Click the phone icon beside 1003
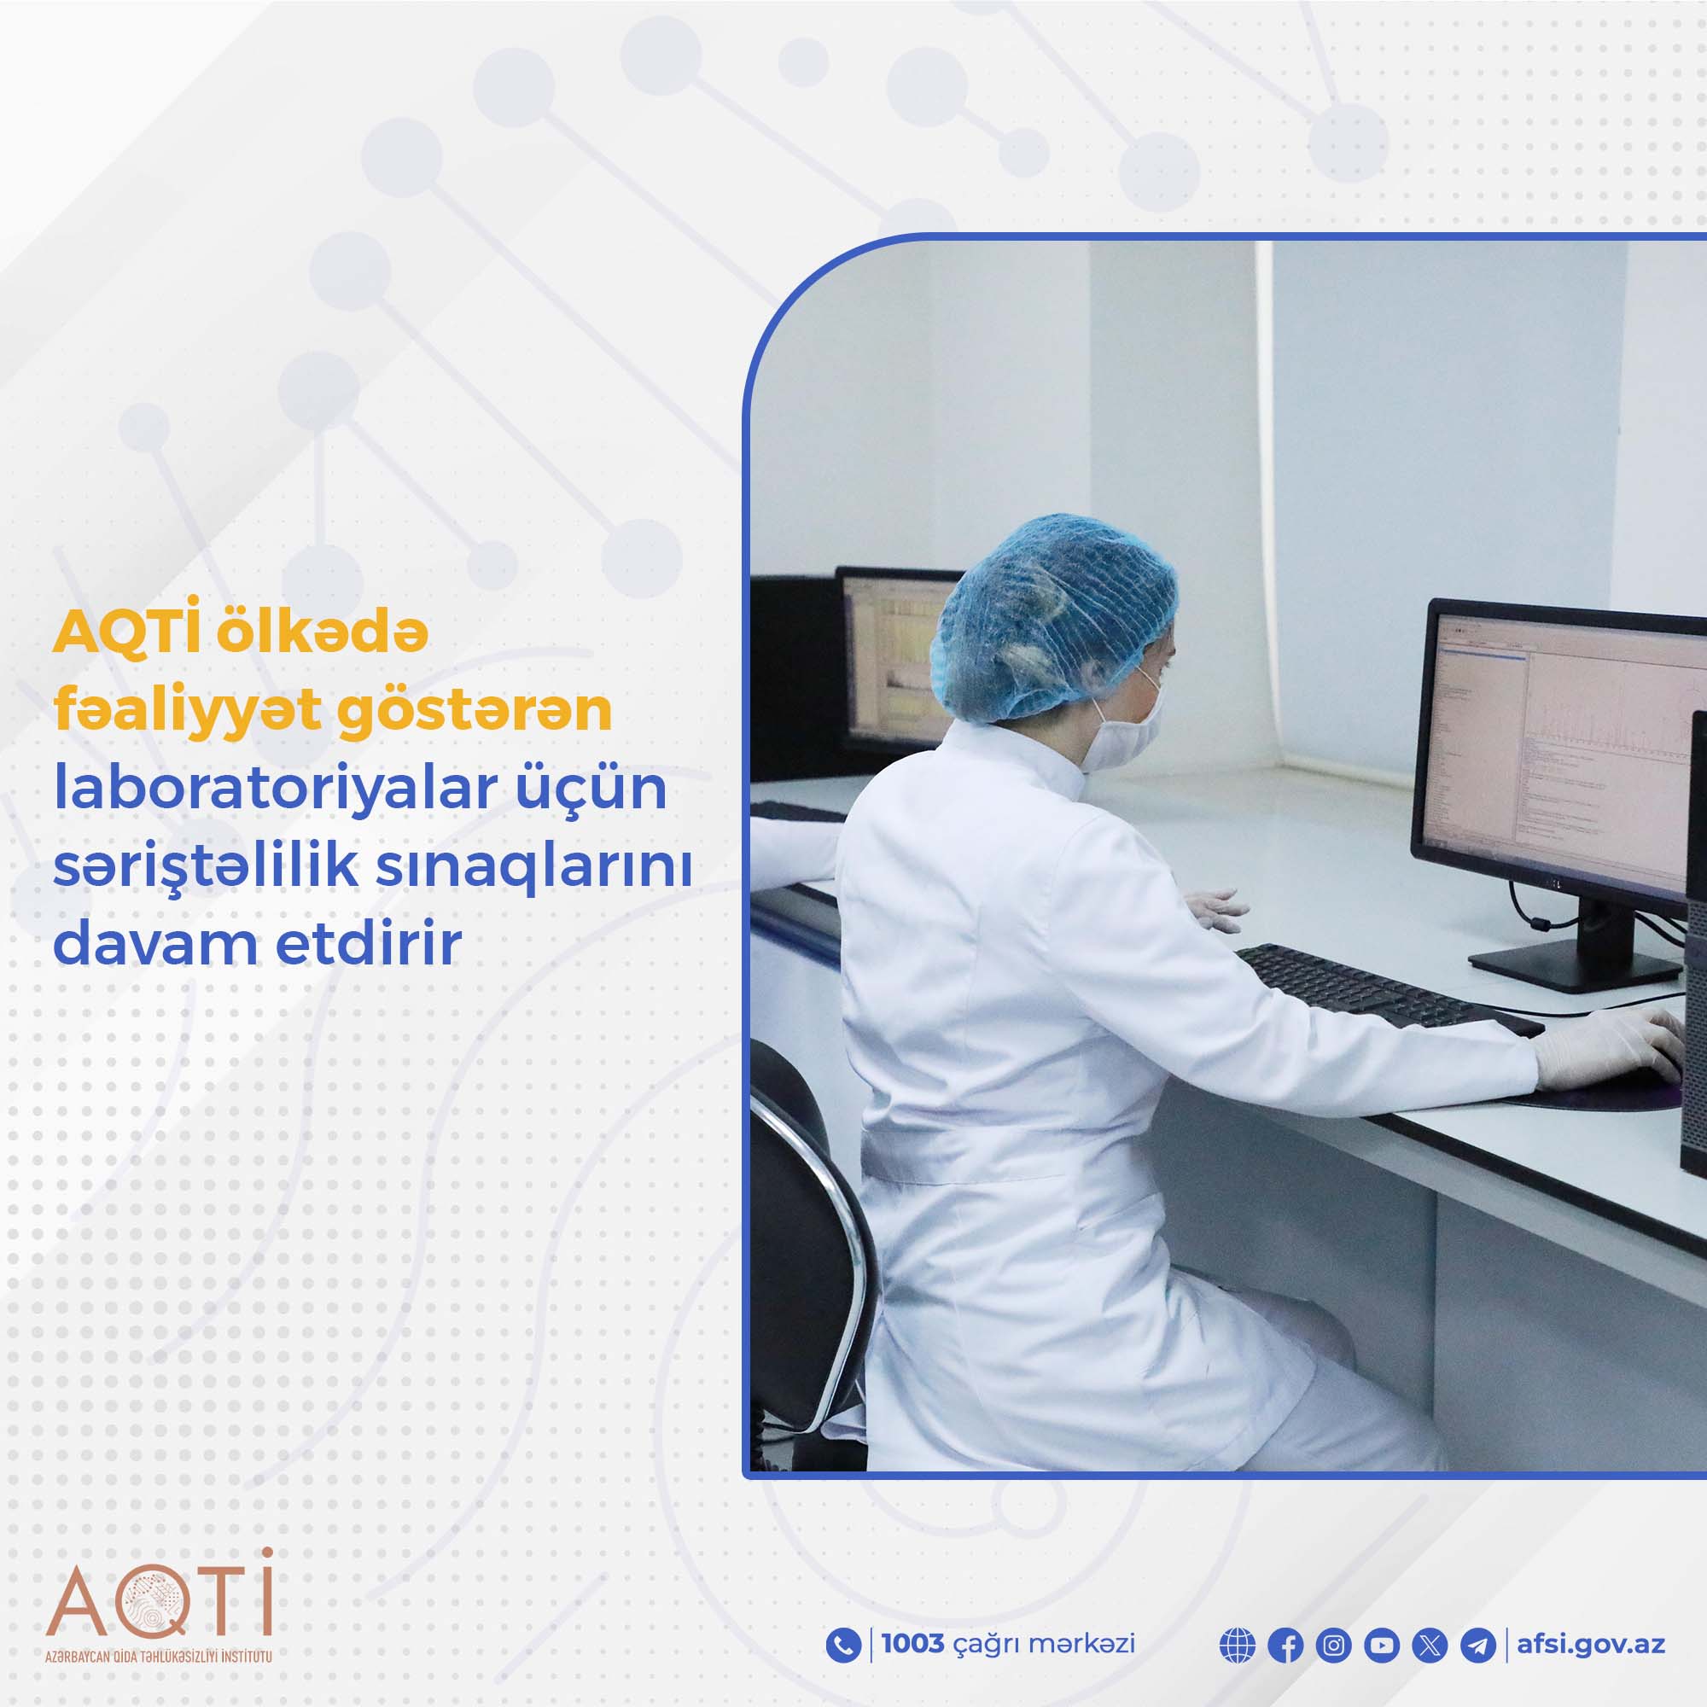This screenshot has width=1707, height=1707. pyautogui.click(x=843, y=1646)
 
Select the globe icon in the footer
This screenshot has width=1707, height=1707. pyautogui.click(x=1237, y=1646)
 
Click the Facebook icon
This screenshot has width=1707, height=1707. pyautogui.click(x=1285, y=1646)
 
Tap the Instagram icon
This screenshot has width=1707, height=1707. pyautogui.click(x=1333, y=1646)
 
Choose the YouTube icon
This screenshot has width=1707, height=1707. pyautogui.click(x=1382, y=1646)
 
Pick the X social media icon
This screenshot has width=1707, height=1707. pyautogui.click(x=1430, y=1646)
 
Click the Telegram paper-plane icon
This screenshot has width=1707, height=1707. pyautogui.click(x=1478, y=1646)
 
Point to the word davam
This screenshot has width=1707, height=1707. pyautogui.click(x=154, y=944)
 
